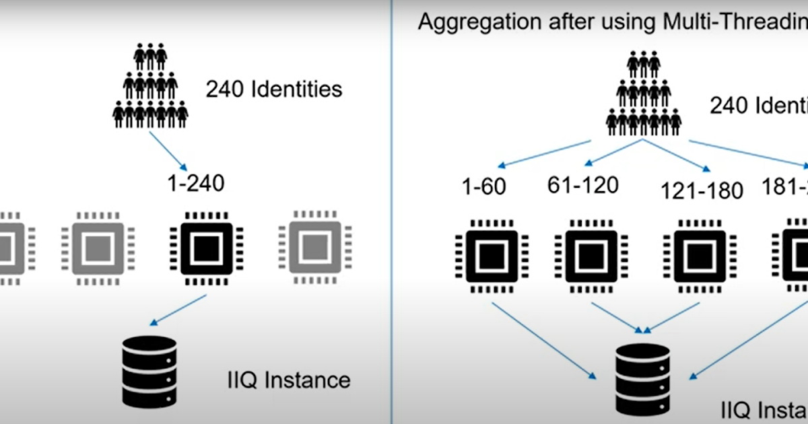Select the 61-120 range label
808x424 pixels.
(582, 184)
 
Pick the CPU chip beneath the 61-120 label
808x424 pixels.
(591, 256)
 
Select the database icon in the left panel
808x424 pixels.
(149, 370)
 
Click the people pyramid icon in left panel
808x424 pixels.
(149, 85)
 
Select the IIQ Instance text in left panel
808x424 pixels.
(288, 380)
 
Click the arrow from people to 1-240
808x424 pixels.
(168, 151)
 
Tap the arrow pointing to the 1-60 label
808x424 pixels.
(545, 154)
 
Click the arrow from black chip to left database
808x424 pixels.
(178, 310)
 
